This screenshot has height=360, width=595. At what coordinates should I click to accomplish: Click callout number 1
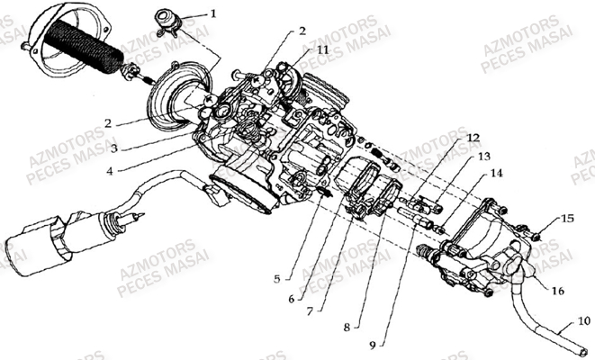click(x=213, y=13)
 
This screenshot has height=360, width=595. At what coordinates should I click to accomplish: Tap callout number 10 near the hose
click(x=582, y=320)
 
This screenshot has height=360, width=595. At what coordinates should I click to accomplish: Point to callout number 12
click(x=473, y=138)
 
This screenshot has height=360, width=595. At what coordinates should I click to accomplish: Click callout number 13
click(x=483, y=156)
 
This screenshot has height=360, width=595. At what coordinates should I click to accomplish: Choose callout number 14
click(x=496, y=173)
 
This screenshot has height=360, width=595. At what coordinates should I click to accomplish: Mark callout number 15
click(x=568, y=218)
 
